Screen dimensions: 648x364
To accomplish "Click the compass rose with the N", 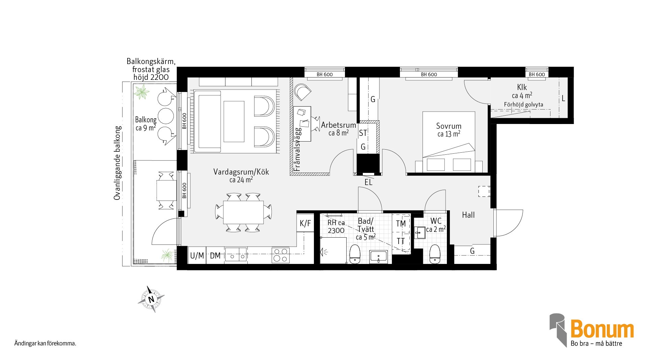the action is pos(151,299).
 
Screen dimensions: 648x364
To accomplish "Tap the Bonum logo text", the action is pos(602,329).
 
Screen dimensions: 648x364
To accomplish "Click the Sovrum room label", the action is pos(449,126).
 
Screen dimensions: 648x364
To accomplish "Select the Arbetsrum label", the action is pos(339,125).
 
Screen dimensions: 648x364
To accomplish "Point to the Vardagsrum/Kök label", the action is pos(241,172).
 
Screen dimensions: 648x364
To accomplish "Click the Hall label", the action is pos(468,215).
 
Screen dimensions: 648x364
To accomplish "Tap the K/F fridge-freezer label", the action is pos(305,223).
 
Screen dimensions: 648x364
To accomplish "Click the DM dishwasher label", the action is pos(215,256).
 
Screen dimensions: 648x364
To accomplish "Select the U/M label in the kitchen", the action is pos(197,256).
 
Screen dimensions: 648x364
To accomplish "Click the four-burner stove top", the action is pos(280,255).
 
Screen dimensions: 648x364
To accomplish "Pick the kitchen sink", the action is pos(236,254).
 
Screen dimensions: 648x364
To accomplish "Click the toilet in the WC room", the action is pos(435,254).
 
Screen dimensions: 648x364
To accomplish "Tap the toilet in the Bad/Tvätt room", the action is pos(355,254).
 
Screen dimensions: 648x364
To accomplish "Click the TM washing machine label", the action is pos(401,224).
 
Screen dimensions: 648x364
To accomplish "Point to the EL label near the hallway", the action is pos(368,183).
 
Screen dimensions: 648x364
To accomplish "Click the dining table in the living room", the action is pos(243,212).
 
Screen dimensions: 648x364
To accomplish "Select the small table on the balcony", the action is pos(166,190).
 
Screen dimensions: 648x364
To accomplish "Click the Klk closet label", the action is pos(522,87).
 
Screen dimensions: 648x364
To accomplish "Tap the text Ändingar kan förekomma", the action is pos(45,344).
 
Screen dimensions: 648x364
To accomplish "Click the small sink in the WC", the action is pos(420,233).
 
